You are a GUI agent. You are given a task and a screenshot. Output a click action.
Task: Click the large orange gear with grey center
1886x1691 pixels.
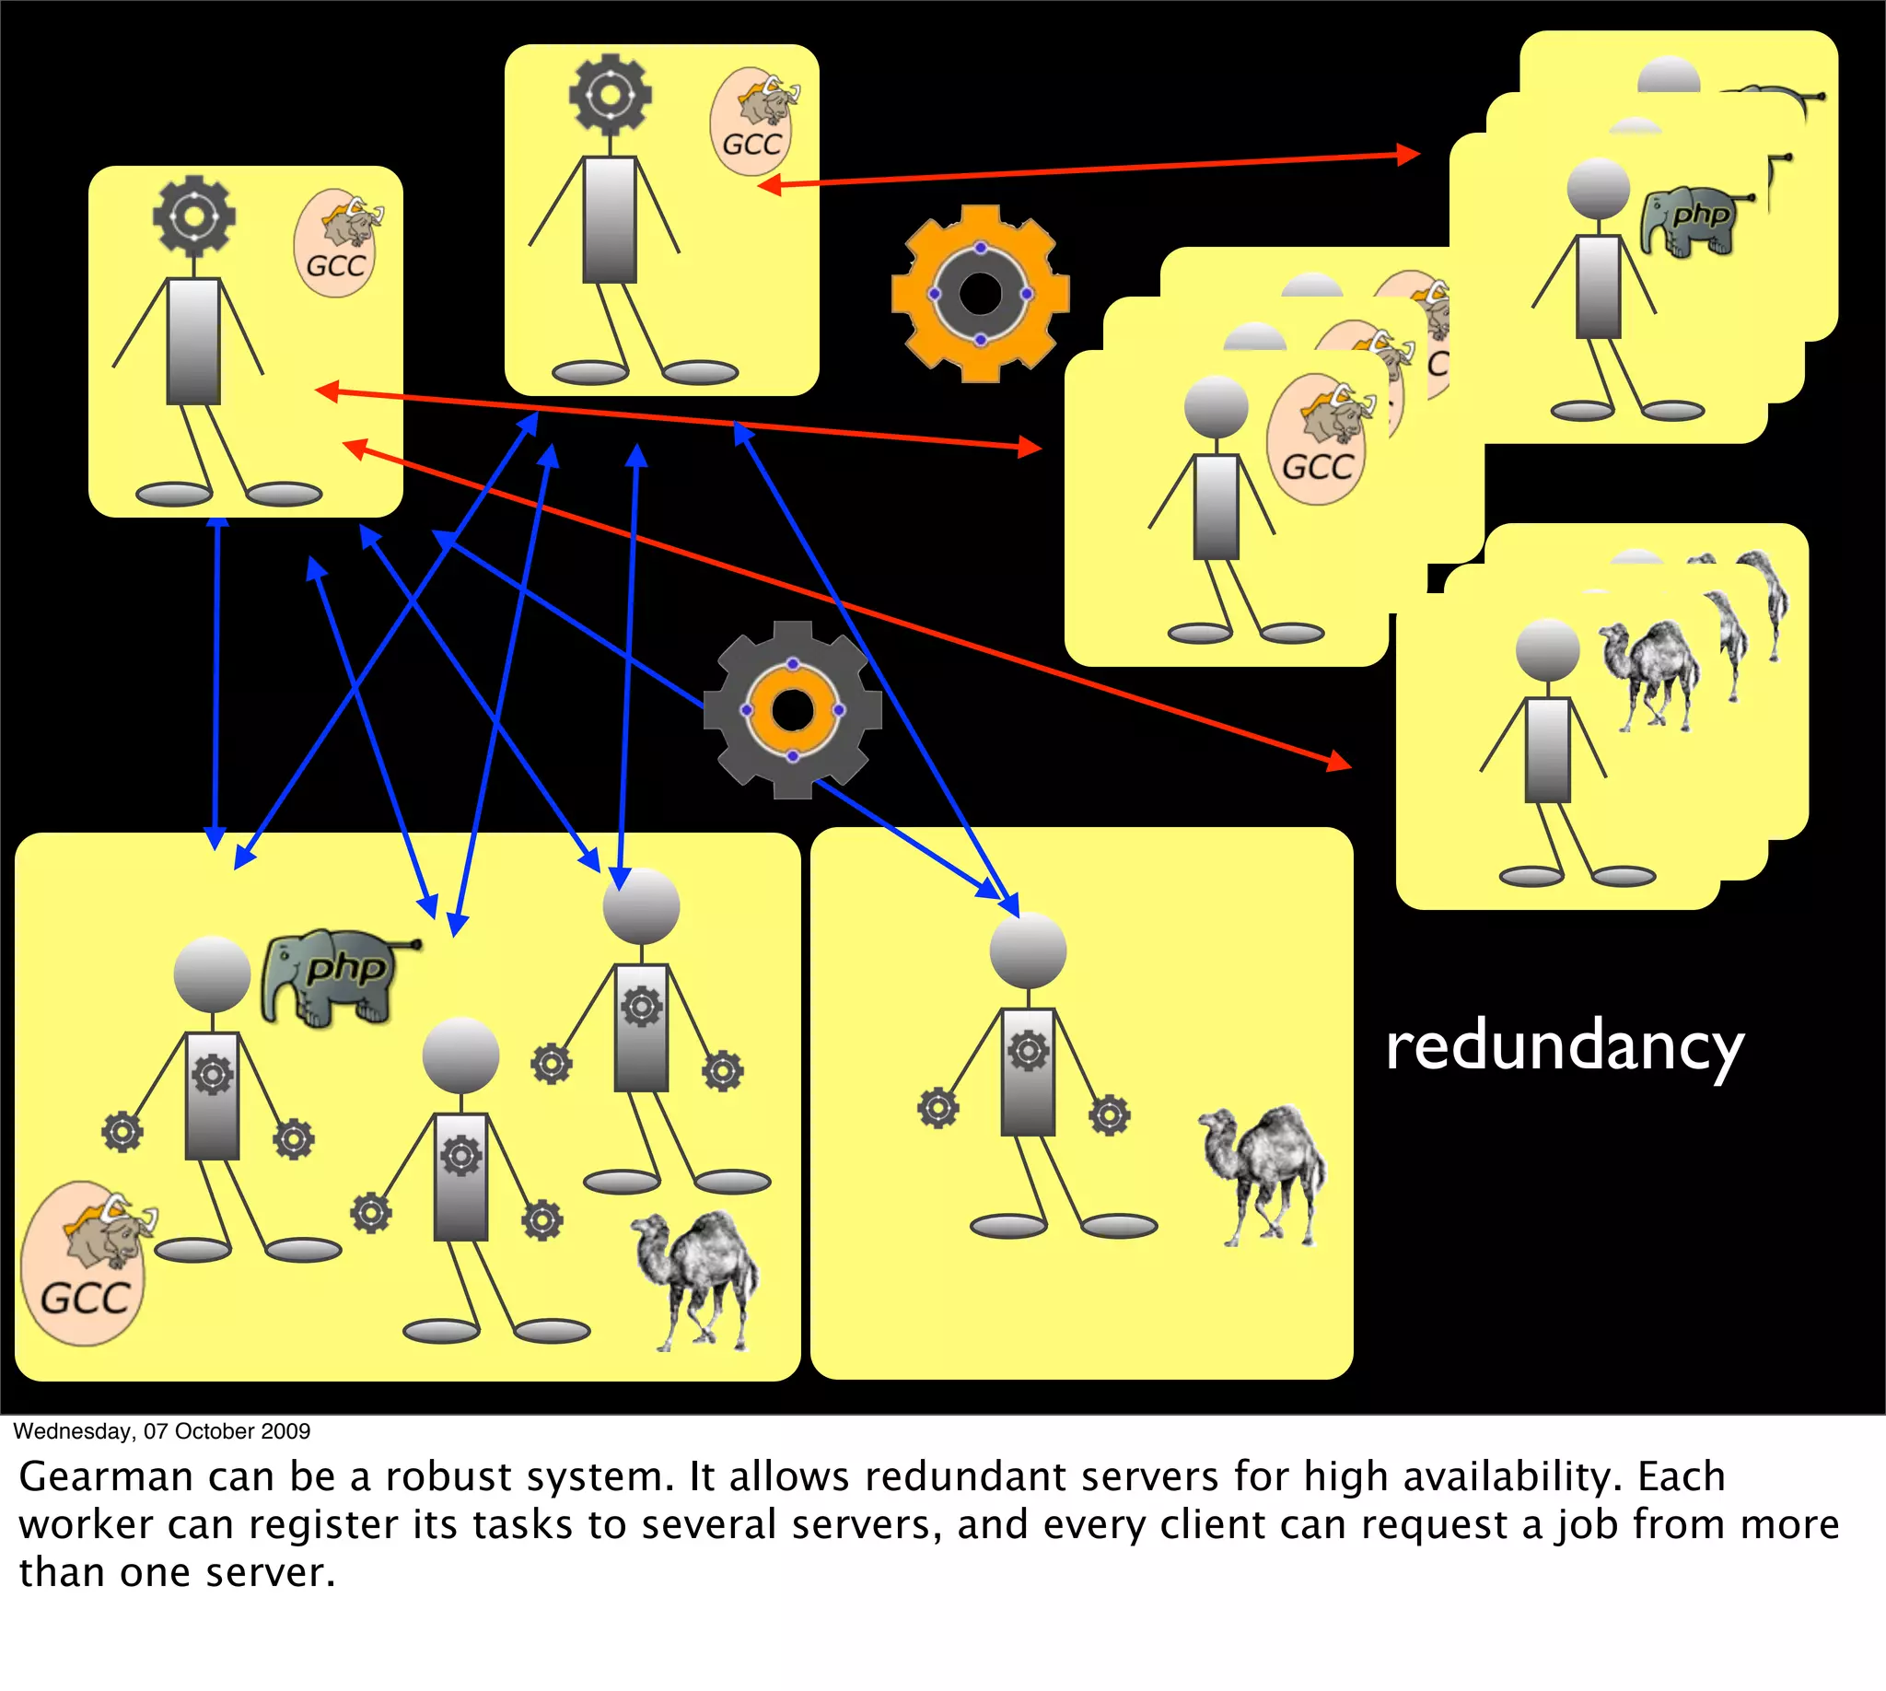tap(980, 294)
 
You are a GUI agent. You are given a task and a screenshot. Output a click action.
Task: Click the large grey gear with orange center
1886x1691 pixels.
tap(793, 710)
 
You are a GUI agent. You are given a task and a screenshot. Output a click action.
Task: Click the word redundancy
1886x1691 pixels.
tap(1565, 1046)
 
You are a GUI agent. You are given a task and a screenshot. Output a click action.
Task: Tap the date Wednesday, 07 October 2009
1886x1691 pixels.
tap(162, 1431)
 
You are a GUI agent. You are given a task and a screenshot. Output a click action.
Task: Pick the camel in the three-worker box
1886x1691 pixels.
tap(697, 1277)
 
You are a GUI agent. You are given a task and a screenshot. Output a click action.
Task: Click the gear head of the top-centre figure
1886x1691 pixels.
tap(611, 95)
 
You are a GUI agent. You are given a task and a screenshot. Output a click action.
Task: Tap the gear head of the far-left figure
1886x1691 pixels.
tap(194, 216)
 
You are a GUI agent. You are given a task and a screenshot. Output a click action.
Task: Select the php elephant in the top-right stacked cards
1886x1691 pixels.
tap(1691, 223)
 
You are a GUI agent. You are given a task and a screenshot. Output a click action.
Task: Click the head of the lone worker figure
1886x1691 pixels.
tap(1028, 950)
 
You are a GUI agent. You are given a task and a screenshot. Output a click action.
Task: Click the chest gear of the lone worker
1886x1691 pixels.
tap(1029, 1052)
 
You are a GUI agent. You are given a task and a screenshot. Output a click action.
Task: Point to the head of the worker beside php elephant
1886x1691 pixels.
tap(213, 974)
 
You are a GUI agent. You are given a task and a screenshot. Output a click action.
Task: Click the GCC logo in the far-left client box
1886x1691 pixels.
tap(335, 244)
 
